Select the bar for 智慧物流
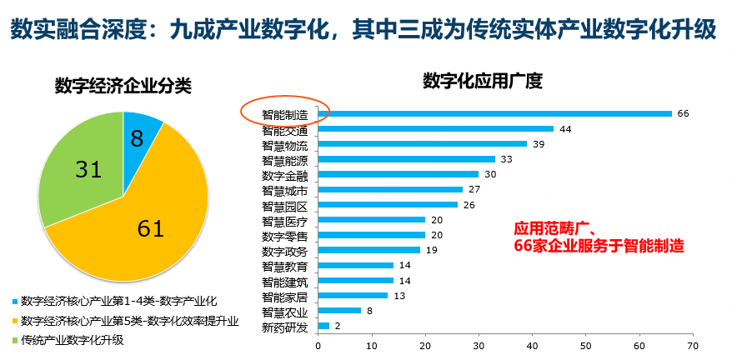click(422, 143)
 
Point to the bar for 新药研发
click(323, 326)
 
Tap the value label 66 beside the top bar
click(683, 113)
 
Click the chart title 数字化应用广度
click(483, 82)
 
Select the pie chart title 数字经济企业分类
click(123, 86)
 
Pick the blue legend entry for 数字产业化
click(117, 300)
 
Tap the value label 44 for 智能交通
click(564, 129)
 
